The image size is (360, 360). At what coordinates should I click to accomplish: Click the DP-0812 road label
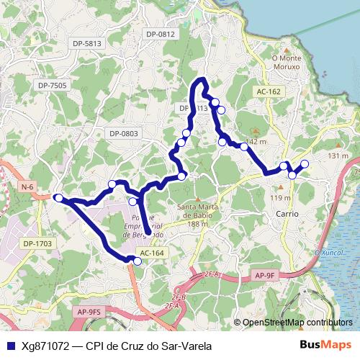coord(160,34)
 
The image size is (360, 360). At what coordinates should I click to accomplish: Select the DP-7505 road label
coord(52,85)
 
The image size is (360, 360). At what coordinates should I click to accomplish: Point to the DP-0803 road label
coord(123,133)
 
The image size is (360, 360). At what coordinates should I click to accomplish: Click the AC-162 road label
coord(268,91)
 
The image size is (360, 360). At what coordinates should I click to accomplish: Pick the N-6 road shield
coord(27,187)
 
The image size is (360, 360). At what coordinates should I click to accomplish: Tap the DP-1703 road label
coord(38,243)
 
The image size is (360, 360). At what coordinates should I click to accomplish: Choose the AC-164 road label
coord(152,253)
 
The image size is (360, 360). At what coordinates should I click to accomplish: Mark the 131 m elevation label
coord(338,156)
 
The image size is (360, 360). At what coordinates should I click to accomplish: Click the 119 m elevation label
coord(280,198)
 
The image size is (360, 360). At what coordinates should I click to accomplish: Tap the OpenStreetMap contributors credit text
coord(297,323)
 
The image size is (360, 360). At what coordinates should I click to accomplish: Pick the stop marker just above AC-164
coord(138,261)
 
